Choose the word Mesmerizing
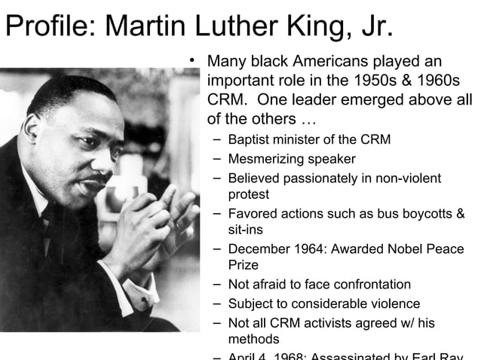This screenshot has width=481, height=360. coord(264,159)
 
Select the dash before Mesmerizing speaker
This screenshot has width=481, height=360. coord(216,159)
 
